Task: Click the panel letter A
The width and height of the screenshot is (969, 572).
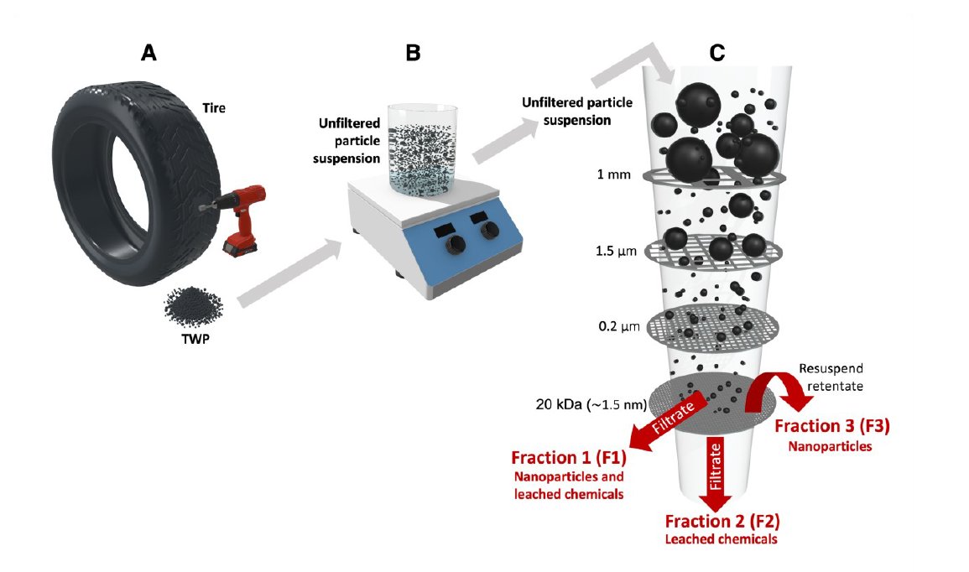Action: click(x=148, y=53)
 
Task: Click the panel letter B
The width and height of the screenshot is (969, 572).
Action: click(x=413, y=53)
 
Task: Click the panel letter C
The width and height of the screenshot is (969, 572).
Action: click(x=716, y=53)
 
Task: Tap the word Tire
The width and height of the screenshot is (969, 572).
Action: click(x=214, y=108)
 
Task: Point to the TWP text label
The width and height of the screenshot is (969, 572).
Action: click(x=195, y=338)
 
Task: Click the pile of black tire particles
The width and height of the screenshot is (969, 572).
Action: click(x=193, y=306)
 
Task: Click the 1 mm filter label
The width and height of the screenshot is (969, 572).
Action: click(x=613, y=174)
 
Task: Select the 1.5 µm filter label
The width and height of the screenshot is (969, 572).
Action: click(x=616, y=252)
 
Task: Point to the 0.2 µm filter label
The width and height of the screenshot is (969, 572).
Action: click(x=619, y=326)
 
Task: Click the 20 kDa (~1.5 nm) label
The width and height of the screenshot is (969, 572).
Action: click(x=591, y=404)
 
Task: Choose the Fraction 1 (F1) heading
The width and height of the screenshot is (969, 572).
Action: click(x=569, y=458)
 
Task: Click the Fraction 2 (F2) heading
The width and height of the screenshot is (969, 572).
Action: click(x=722, y=522)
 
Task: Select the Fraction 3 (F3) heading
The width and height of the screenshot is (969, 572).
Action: click(x=831, y=426)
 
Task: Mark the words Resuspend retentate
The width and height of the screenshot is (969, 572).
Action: click(x=831, y=377)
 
